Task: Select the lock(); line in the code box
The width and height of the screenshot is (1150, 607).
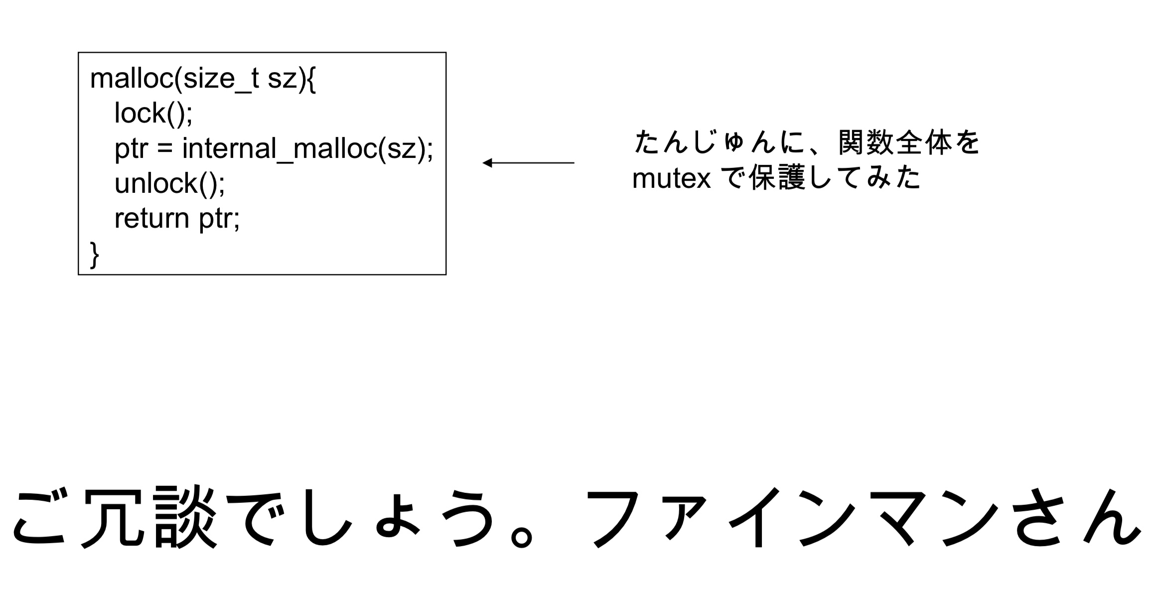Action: (153, 113)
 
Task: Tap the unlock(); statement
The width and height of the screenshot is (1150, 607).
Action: (169, 183)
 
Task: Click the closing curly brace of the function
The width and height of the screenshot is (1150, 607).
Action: (94, 254)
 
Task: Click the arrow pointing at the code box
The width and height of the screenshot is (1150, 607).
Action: (528, 163)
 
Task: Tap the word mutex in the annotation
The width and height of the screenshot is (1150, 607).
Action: (671, 178)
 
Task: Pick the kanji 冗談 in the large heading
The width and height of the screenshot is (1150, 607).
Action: (150, 517)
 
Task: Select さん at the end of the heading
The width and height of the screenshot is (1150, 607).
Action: (1076, 517)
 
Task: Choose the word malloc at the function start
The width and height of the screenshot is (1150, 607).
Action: (131, 79)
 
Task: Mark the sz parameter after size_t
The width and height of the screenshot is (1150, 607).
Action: (282, 79)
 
